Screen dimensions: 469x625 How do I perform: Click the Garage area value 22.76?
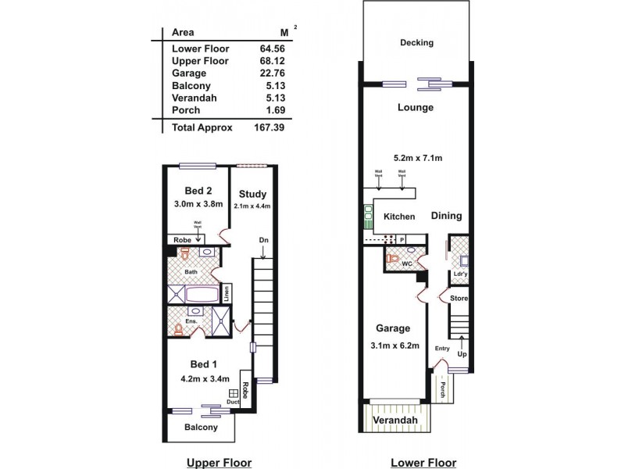[x=270, y=73]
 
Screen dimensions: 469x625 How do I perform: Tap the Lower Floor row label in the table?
[x=201, y=48]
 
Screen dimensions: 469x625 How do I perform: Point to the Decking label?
[x=416, y=43]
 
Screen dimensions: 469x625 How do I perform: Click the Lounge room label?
[x=415, y=107]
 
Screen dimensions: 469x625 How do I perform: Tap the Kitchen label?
[x=398, y=217]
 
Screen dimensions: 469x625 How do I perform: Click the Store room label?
[x=458, y=299]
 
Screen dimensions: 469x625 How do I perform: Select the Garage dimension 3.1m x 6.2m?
[x=395, y=344]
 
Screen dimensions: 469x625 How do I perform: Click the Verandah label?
[x=395, y=421]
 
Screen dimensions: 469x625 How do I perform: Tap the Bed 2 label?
[x=198, y=191]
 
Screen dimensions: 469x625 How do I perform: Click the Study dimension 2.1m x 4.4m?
[x=252, y=206]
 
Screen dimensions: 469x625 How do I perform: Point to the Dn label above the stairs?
[x=264, y=240]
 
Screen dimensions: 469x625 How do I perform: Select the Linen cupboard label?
[x=227, y=294]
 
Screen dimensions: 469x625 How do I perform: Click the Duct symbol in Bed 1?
[x=233, y=395]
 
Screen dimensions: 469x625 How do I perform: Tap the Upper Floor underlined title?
[x=219, y=462]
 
